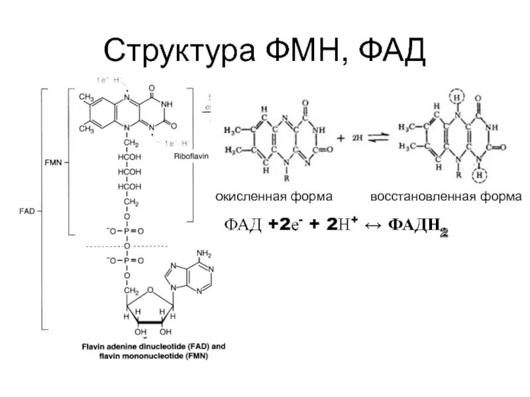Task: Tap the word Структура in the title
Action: [x=182, y=52]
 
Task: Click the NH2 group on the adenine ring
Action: [x=203, y=253]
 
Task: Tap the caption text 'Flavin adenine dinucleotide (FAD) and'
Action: [x=154, y=346]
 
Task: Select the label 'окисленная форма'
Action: [x=274, y=197]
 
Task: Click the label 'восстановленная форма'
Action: [x=446, y=197]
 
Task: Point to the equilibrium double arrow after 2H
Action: [x=378, y=139]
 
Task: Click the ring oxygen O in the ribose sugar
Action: [x=151, y=288]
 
